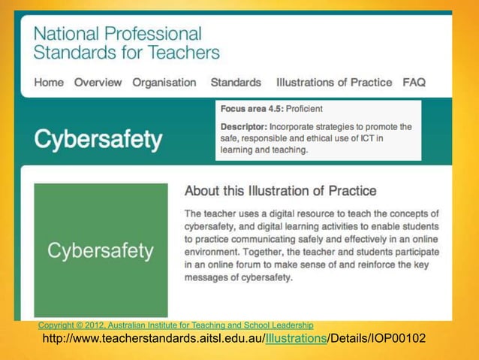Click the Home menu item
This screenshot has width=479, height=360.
pos(49,83)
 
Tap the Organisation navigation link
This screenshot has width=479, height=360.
pos(164,83)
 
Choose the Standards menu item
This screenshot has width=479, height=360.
pos(236,83)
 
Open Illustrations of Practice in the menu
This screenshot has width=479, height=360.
pos(334,83)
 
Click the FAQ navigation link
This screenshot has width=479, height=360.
pos(414,83)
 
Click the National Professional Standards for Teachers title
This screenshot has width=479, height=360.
pos(126,43)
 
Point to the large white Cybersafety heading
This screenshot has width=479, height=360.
pos(98,140)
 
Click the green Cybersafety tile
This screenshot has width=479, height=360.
pos(101,250)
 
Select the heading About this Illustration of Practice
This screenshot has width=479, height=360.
pos(280,191)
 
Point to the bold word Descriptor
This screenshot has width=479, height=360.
pos(243,127)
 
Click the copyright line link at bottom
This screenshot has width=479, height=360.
pos(176,325)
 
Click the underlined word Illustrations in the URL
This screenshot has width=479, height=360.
pos(296,340)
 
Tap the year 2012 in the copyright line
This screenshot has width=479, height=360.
pos(91,325)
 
